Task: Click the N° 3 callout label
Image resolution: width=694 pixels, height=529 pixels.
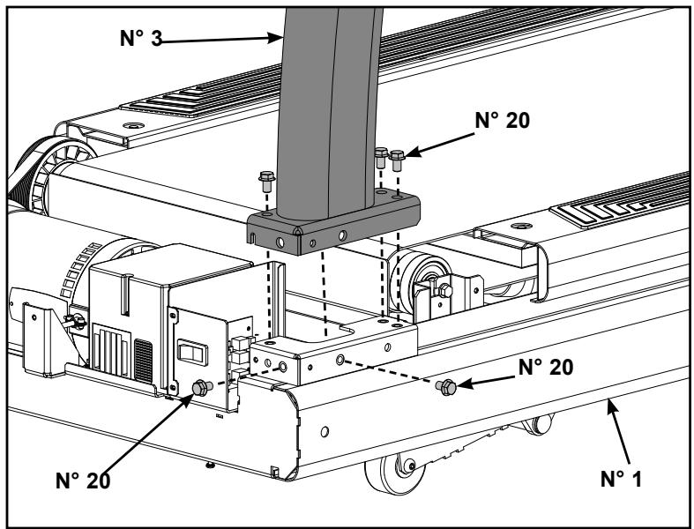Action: point(141,38)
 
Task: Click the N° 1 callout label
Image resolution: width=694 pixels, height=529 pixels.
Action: point(621,479)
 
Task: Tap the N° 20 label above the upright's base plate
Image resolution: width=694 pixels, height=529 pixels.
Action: point(502,120)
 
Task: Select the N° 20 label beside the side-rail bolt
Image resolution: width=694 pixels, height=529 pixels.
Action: point(545,367)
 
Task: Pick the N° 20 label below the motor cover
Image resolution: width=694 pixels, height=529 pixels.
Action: point(83,481)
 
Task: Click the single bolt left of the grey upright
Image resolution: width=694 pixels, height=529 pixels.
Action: point(267,181)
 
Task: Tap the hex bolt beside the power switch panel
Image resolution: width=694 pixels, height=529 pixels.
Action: point(202,388)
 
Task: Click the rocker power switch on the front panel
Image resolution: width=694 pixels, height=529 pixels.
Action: point(192,353)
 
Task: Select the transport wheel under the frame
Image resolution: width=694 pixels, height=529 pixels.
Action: point(394,473)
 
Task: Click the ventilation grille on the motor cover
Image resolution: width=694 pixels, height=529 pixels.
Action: point(143,361)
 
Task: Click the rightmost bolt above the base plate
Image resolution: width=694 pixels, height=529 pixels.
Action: point(397,160)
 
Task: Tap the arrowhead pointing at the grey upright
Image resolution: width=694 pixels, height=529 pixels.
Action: point(276,38)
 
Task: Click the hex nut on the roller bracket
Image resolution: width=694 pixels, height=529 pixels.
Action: point(444,291)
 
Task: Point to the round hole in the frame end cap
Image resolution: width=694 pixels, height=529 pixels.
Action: point(325,432)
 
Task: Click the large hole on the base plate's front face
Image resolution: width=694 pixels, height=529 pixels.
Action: point(280,242)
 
